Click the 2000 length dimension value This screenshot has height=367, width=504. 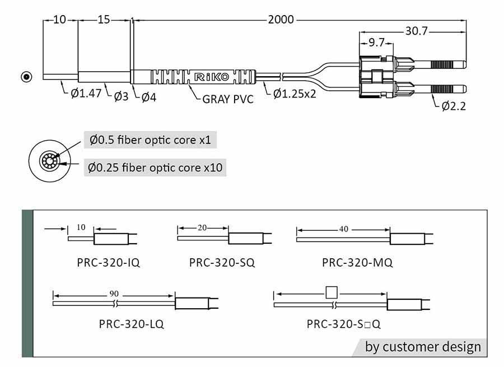281,20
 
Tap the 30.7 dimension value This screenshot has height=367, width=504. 417,31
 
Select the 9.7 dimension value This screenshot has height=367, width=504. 376,42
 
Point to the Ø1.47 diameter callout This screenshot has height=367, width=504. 86,92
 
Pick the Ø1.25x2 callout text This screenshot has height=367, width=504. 295,93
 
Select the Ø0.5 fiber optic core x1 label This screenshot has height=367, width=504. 150,140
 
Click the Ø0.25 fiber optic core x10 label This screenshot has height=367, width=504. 157,167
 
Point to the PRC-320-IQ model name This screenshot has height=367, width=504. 108,262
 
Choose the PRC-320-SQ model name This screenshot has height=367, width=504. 222,262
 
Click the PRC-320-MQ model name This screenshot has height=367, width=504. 357,262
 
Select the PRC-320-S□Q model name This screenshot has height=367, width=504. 344,323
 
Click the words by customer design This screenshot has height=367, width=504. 423,347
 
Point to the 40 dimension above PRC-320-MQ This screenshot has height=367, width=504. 344,229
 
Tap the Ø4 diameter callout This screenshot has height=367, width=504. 148,97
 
